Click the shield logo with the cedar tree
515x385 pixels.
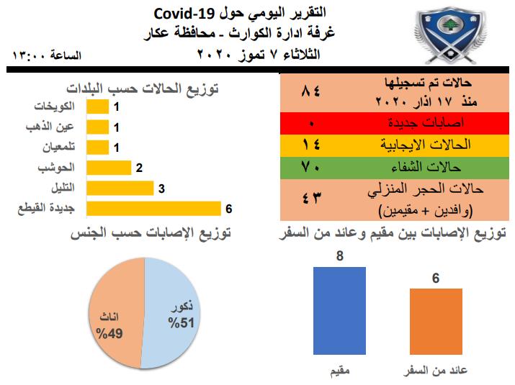click(x=450, y=35)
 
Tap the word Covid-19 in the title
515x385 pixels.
click(x=184, y=14)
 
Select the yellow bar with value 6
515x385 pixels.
click(x=153, y=209)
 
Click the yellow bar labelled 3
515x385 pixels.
click(x=120, y=188)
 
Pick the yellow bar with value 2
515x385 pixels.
click(x=109, y=168)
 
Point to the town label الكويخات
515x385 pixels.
click(x=55, y=107)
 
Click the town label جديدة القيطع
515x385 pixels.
click(x=46, y=208)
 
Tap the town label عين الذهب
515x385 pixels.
click(x=50, y=127)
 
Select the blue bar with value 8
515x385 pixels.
click(x=339, y=311)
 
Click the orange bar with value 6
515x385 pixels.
click(x=436, y=322)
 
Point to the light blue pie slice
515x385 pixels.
click(x=171, y=312)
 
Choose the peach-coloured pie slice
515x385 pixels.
click(x=117, y=312)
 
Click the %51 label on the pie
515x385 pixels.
click(x=181, y=322)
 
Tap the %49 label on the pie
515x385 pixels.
click(x=109, y=333)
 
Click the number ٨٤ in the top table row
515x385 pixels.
click(x=310, y=91)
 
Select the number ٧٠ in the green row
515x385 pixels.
click(x=310, y=168)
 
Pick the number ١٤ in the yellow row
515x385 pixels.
click(x=310, y=145)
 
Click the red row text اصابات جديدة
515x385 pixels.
click(x=426, y=123)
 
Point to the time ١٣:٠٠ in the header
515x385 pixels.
click(x=29, y=55)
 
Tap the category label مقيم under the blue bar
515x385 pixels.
click(x=340, y=371)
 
